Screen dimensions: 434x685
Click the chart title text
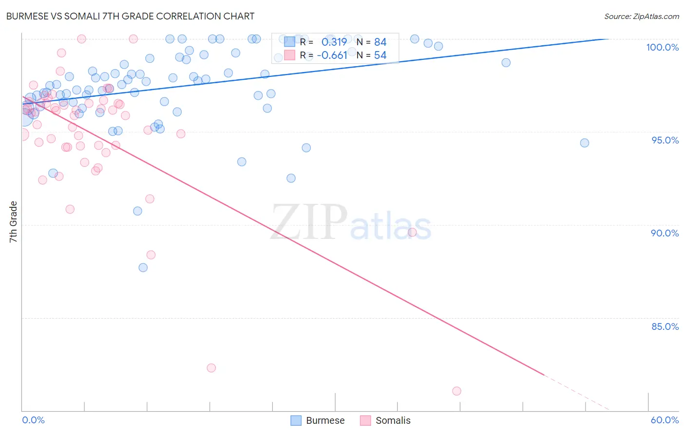point(130,16)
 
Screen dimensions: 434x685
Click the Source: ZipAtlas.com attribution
point(641,16)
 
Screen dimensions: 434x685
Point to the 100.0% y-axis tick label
point(662,47)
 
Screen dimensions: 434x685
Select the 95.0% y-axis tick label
point(665,140)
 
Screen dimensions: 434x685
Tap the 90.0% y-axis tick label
point(665,233)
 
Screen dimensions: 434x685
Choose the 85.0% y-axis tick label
point(665,326)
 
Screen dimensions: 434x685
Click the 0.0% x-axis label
point(33,420)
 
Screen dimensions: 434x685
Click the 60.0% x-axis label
point(665,420)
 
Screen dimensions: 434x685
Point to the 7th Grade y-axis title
point(13,222)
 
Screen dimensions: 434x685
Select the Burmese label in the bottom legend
point(325,420)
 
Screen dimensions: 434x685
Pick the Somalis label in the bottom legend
point(393,420)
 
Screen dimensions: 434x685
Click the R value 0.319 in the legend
point(334,42)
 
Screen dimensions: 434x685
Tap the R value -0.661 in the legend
point(332,55)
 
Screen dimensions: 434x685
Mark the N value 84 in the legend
point(380,42)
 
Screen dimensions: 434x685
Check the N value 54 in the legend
point(380,55)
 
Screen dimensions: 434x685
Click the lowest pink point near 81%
point(457,391)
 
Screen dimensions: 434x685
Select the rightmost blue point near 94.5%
point(585,143)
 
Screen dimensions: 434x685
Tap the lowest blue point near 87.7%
point(143,268)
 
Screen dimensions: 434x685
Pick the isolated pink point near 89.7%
point(412,232)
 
